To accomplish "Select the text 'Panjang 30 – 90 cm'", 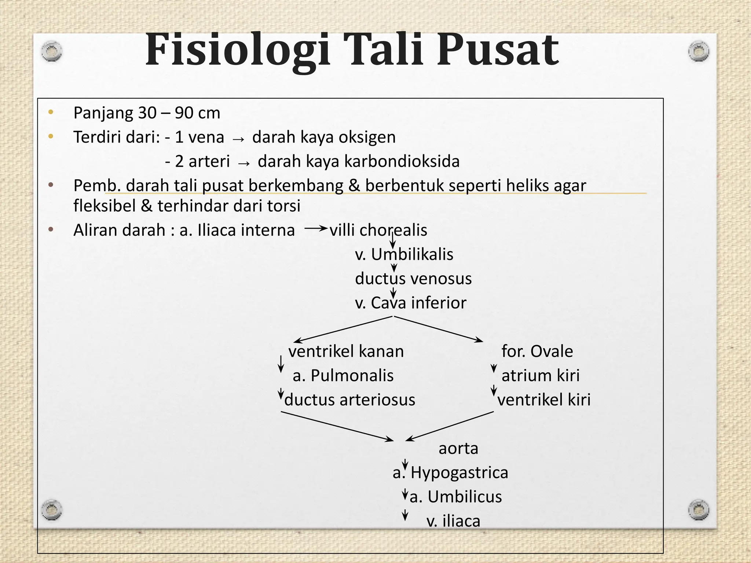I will (x=147, y=113).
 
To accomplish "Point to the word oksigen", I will (x=367, y=137).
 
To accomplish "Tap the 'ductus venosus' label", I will (x=413, y=279).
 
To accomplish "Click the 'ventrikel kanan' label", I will (x=346, y=351).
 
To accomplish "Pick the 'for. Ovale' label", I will (x=537, y=351).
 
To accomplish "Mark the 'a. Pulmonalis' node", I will (x=343, y=375).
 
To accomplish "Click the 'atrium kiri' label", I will (x=541, y=375).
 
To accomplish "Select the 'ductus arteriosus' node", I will (x=349, y=400).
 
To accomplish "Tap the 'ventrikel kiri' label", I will (x=544, y=400).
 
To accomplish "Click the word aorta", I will (x=458, y=448).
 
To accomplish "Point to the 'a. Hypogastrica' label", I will (x=450, y=472).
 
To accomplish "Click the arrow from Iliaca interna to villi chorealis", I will (x=315, y=229).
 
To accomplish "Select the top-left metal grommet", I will (x=51, y=51).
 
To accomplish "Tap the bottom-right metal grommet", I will (x=699, y=510).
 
